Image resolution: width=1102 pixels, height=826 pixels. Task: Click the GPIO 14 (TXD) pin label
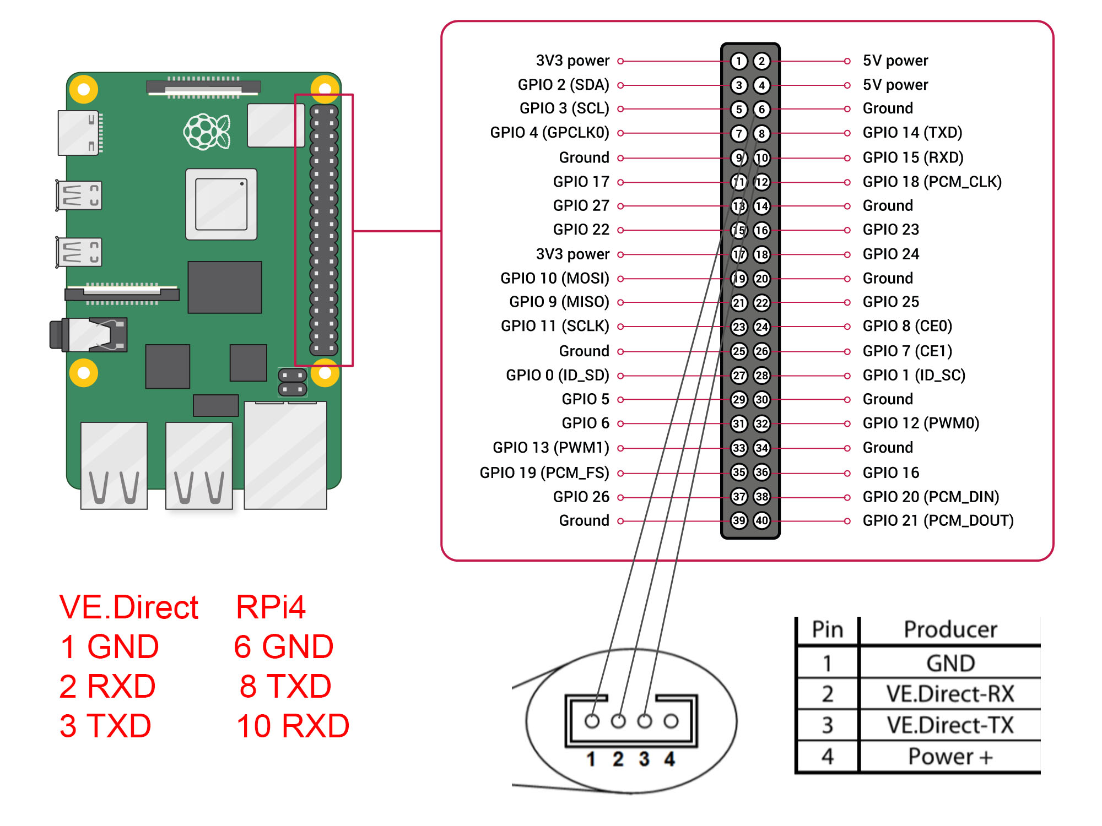pyautogui.click(x=912, y=133)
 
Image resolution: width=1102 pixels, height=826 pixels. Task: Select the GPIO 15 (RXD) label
pyautogui.click(x=912, y=157)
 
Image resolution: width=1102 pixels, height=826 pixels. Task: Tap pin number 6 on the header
pyautogui.click(x=761, y=109)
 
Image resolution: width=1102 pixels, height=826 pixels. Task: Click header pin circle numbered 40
pyautogui.click(x=761, y=520)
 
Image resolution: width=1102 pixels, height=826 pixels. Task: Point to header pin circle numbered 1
pyautogui.click(x=739, y=61)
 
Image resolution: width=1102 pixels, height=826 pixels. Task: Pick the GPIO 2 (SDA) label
pyautogui.click(x=563, y=85)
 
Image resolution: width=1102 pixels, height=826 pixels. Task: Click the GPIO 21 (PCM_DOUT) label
pyautogui.click(x=938, y=520)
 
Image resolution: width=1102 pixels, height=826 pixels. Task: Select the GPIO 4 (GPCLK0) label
pyautogui.click(x=549, y=133)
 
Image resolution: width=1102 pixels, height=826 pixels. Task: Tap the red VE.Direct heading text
pyautogui.click(x=128, y=607)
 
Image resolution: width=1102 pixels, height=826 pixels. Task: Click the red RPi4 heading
pyautogui.click(x=271, y=607)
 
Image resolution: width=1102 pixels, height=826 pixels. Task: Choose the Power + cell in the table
pyautogui.click(x=950, y=757)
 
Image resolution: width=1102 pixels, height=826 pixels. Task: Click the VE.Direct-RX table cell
pyautogui.click(x=950, y=694)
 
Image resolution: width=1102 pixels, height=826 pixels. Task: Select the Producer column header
pyautogui.click(x=950, y=629)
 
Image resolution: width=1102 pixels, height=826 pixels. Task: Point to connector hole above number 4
pyautogui.click(x=671, y=721)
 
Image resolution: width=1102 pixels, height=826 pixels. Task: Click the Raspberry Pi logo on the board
pyautogui.click(x=207, y=132)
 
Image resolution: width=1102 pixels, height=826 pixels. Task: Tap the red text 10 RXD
pyautogui.click(x=293, y=726)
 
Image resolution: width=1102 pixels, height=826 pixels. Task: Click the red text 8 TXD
pyautogui.click(x=285, y=686)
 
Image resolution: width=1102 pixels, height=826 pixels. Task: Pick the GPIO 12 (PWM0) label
pyautogui.click(x=921, y=423)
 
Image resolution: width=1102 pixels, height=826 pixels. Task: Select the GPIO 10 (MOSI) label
pyautogui.click(x=554, y=278)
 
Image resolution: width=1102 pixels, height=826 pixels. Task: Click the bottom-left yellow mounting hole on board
pyautogui.click(x=84, y=373)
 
